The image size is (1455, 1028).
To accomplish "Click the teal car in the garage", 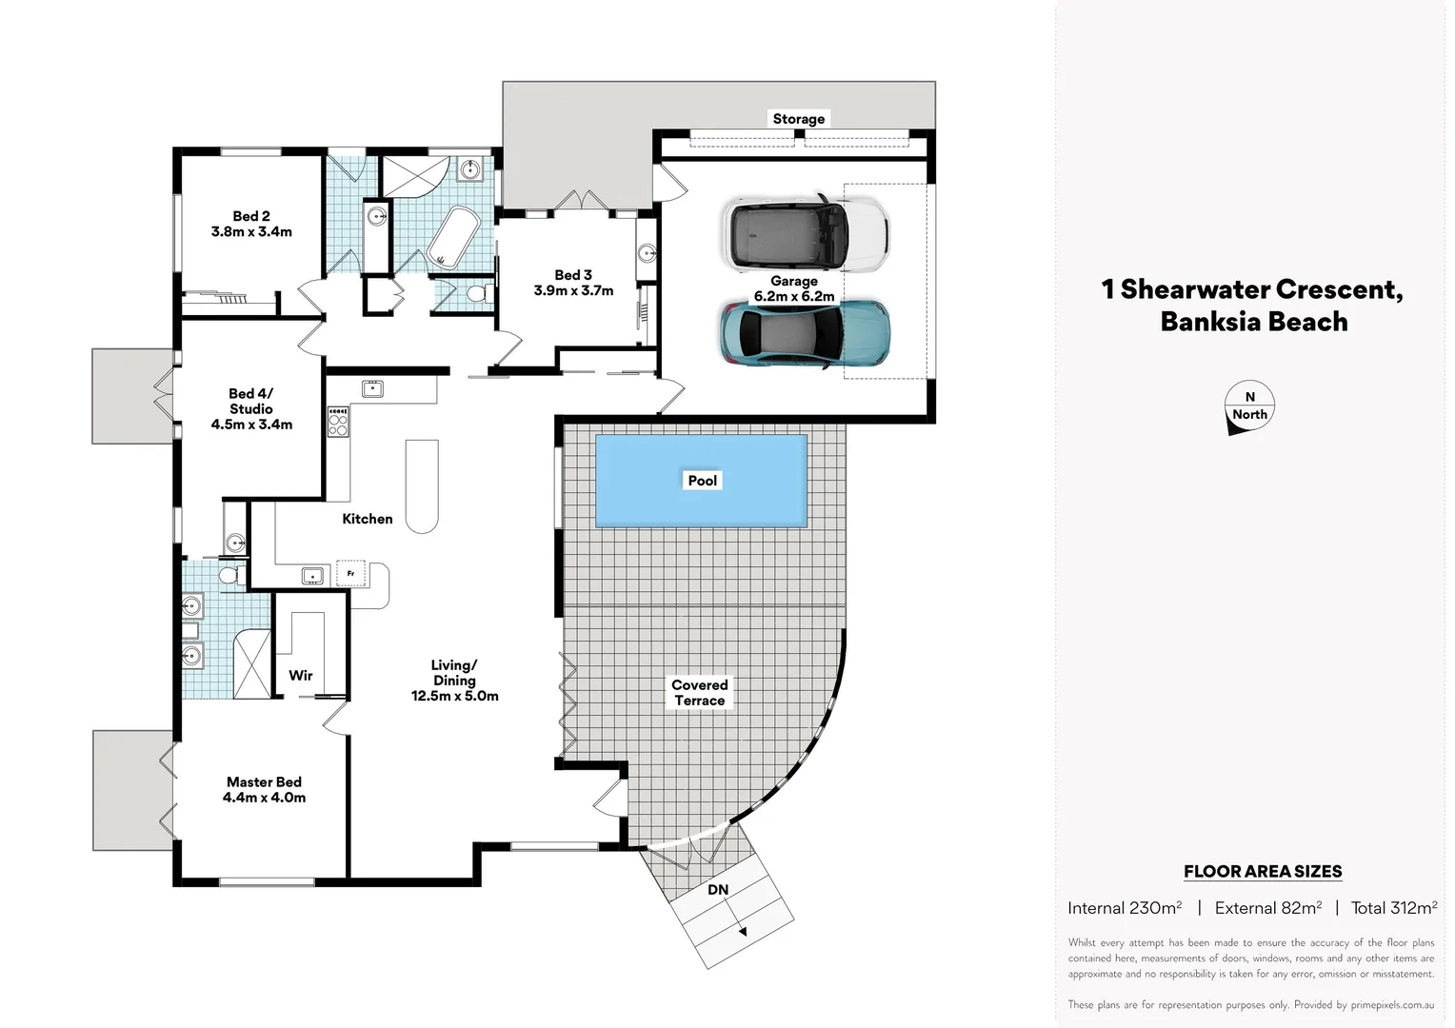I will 806,332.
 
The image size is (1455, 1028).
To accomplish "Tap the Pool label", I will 702,481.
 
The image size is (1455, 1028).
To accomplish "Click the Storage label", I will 798,119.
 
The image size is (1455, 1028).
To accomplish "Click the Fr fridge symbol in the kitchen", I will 351,574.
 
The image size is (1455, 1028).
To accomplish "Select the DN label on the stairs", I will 718,890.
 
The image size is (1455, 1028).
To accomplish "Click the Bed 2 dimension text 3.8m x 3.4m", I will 251,231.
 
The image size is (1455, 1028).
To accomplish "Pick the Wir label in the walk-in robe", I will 301,675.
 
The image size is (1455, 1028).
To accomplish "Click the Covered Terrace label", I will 699,692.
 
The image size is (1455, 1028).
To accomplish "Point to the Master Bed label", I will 264,781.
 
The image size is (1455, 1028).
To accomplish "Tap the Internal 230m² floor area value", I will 1124,908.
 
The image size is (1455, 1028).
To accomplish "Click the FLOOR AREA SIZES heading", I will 1262,871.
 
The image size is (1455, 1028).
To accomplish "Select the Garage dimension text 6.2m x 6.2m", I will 794,296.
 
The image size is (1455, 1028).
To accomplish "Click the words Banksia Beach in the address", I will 1253,322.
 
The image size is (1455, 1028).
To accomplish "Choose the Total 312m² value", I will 1393,908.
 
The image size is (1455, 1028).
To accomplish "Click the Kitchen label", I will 367,519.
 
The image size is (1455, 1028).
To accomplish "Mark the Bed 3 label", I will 573,275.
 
